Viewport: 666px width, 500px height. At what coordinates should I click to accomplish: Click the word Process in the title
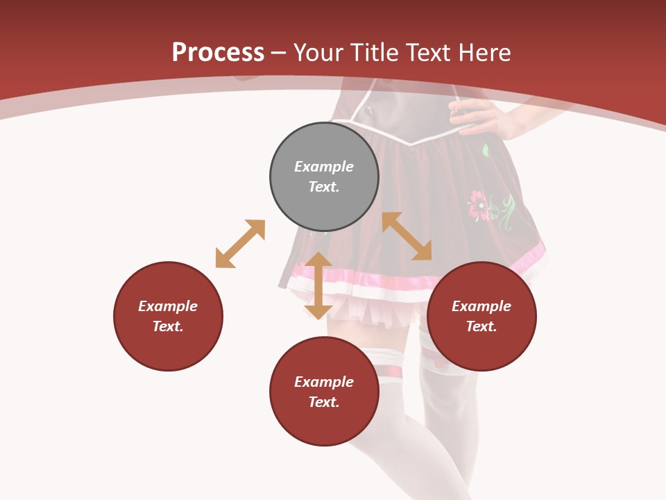[x=218, y=53]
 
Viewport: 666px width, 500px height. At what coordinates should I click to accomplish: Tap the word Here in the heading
[x=484, y=53]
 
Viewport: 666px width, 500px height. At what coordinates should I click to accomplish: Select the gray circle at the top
[x=324, y=176]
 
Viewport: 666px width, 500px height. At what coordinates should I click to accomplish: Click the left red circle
[x=168, y=316]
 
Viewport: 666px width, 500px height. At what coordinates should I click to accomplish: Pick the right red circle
[x=481, y=316]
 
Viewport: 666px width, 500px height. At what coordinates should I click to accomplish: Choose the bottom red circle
[x=324, y=391]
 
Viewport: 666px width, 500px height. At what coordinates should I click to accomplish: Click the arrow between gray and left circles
[x=240, y=244]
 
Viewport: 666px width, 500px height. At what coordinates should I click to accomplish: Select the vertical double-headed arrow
[x=318, y=285]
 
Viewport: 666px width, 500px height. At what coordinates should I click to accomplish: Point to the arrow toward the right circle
[x=407, y=236]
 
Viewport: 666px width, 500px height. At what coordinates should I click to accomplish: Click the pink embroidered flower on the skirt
[x=479, y=206]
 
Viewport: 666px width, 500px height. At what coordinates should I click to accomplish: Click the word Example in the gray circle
[x=324, y=167]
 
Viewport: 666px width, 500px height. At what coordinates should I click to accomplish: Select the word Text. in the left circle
[x=168, y=326]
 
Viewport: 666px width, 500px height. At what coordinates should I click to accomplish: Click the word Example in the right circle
[x=481, y=306]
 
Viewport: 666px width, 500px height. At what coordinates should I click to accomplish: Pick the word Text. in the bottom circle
[x=324, y=402]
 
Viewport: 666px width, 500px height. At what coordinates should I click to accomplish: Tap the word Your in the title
[x=319, y=53]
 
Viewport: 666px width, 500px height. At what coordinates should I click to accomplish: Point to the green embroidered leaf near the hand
[x=486, y=149]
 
